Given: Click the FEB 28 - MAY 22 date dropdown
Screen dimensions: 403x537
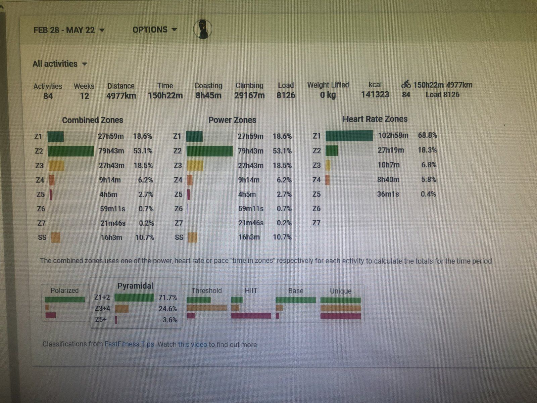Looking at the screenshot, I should coord(69,30).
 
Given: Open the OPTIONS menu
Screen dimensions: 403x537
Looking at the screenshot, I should coord(154,30).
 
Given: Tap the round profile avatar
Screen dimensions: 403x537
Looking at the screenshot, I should coord(203,29).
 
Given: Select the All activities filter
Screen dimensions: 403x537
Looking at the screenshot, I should coord(60,64).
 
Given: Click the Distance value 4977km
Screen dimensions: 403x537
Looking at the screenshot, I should coord(121,96).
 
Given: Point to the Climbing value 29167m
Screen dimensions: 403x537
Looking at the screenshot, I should coord(249,96).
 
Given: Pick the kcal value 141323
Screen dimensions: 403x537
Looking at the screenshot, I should coord(375,95).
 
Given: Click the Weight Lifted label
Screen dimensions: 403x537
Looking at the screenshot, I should coord(328,85).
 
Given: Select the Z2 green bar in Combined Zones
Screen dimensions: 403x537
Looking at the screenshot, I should coord(71,151).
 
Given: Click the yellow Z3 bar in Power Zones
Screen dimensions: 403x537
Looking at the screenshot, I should coord(195,166).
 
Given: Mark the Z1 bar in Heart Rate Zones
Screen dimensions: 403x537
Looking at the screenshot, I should coord(349,136).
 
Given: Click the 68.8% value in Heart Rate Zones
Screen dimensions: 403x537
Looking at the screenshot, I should coord(427,135).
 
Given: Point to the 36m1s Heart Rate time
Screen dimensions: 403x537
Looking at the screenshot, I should coord(388,194).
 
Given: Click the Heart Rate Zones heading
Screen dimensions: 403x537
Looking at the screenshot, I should coord(375,119).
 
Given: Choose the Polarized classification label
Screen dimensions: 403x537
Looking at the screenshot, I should coord(64,290).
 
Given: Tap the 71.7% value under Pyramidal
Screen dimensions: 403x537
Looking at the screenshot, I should coord(167,298).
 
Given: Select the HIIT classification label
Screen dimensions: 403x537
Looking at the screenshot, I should coord(251,290).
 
